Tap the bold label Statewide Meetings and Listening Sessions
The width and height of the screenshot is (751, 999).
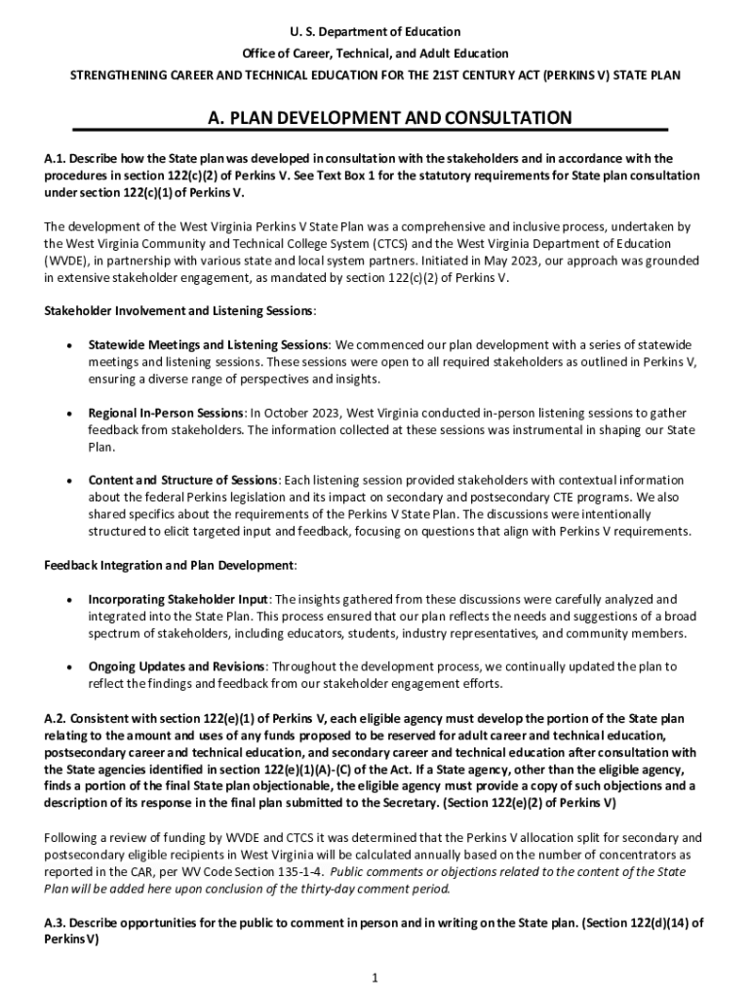click(x=208, y=345)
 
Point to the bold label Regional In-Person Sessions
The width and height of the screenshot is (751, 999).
click(x=166, y=413)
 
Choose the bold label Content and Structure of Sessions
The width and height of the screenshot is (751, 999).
click(x=183, y=480)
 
